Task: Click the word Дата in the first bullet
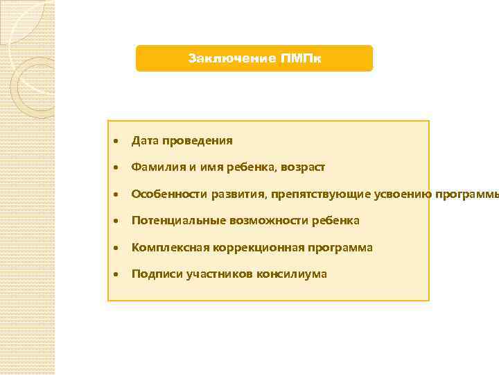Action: tap(144, 141)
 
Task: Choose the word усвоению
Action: tap(403, 194)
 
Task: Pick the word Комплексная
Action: tap(166, 248)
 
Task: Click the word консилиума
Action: tap(292, 274)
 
